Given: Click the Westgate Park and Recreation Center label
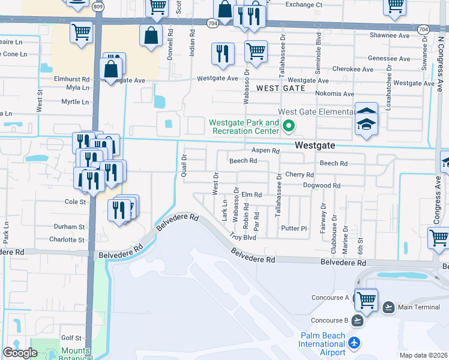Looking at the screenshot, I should (x=244, y=127).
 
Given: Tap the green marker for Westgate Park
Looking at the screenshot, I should (x=288, y=126).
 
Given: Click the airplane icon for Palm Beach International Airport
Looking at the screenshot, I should (x=355, y=343).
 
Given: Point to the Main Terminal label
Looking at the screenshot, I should (x=418, y=307).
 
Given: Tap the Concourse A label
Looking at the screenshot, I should (x=330, y=298).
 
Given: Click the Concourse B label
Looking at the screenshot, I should (x=330, y=320).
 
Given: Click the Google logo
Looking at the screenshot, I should (x=20, y=353).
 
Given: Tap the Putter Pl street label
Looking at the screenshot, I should (x=294, y=229).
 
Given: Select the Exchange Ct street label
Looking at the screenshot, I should (x=304, y=4).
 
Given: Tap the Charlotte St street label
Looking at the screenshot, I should (x=67, y=239).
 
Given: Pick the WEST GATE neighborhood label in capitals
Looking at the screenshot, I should (x=280, y=88).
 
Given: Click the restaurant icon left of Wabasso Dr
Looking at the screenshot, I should (x=223, y=53).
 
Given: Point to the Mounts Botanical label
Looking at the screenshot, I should (x=76, y=352).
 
